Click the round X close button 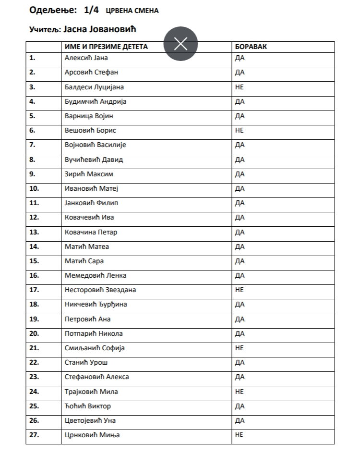(180, 44)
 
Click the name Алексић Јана (86, 58)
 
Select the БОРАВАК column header (251, 47)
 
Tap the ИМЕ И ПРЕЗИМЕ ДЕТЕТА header (107, 47)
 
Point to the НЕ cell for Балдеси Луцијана (240, 87)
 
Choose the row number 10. (34, 188)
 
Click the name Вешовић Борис (91, 130)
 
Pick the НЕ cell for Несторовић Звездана (240, 290)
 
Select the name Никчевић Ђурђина (96, 304)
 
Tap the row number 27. (34, 435)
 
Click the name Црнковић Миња (92, 435)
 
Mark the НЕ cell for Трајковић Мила (240, 392)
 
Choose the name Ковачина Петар (91, 232)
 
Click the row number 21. (34, 348)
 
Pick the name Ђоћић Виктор (88, 406)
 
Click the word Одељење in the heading (46, 10)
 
